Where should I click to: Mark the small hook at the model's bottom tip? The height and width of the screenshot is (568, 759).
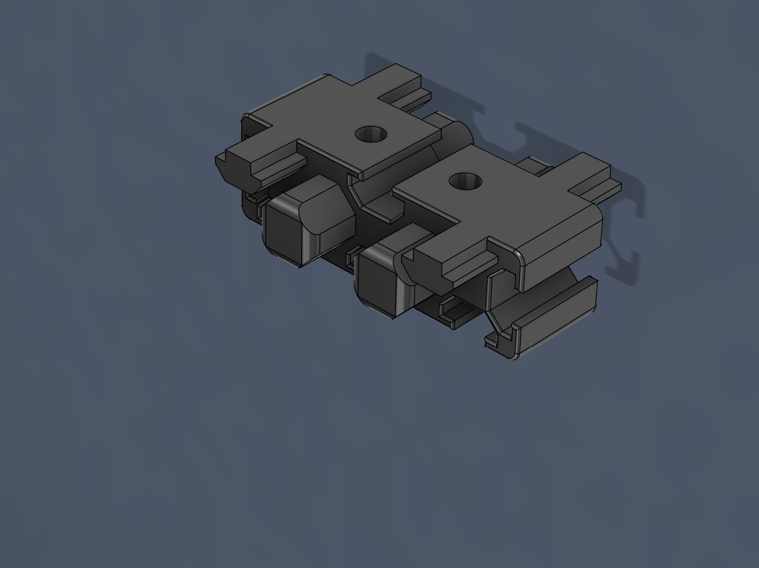click(x=499, y=346)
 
